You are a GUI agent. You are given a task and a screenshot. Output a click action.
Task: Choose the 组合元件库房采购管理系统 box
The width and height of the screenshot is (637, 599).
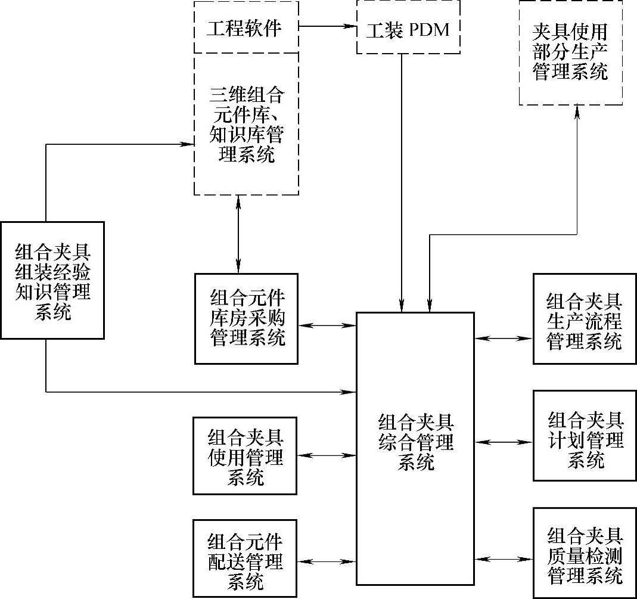[246, 318]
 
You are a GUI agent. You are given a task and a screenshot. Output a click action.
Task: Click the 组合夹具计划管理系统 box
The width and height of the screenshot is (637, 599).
[585, 435]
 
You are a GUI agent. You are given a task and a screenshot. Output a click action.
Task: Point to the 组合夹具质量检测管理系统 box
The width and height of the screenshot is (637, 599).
[585, 553]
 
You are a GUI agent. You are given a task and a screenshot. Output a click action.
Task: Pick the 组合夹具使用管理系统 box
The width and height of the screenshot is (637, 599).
[245, 455]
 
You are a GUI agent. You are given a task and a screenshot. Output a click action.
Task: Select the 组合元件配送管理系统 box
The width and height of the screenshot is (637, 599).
[245, 558]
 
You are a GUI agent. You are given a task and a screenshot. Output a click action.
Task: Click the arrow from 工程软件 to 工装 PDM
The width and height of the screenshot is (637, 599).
[327, 26]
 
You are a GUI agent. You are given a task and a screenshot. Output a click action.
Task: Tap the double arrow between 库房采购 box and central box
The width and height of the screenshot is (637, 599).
[327, 325]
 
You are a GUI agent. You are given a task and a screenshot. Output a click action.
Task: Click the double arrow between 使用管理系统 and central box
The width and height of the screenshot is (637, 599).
[327, 455]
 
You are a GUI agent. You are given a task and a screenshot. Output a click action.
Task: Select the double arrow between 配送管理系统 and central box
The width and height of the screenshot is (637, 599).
[327, 561]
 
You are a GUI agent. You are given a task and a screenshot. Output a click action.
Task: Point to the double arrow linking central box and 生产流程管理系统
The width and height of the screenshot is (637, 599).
[504, 338]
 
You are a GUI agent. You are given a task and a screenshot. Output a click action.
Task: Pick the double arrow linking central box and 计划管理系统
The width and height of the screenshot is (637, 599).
[504, 442]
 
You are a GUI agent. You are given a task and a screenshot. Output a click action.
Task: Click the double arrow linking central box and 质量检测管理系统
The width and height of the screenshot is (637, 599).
[504, 559]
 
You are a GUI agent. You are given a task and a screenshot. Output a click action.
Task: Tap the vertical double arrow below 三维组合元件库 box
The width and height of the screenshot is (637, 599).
[238, 234]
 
